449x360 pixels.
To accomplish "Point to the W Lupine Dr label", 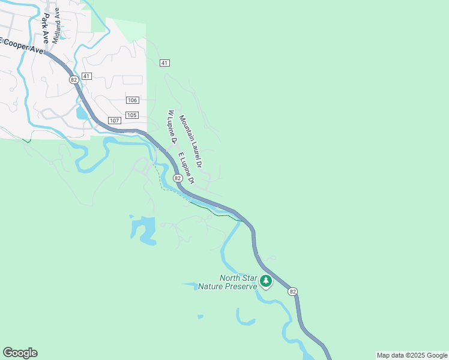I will [x=173, y=127].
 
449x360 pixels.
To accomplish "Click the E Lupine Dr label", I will [x=186, y=169].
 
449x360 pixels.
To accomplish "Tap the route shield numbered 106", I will [x=133, y=100].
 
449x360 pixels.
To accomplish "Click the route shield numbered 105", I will [x=133, y=115].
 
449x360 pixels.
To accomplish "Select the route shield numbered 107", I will [x=115, y=121].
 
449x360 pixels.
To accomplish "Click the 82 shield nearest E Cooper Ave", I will [x=74, y=80].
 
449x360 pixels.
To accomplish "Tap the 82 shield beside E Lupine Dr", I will [x=178, y=178].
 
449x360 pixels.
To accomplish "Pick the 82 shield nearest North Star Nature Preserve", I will [x=292, y=291].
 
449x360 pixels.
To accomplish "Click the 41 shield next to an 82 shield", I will [x=87, y=76].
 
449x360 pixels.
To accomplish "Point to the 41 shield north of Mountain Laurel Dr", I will [x=165, y=62].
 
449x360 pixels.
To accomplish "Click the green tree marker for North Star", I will [x=265, y=280].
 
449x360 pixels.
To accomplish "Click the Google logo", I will [x=20, y=353].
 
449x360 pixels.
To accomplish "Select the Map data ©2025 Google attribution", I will [x=412, y=355].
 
